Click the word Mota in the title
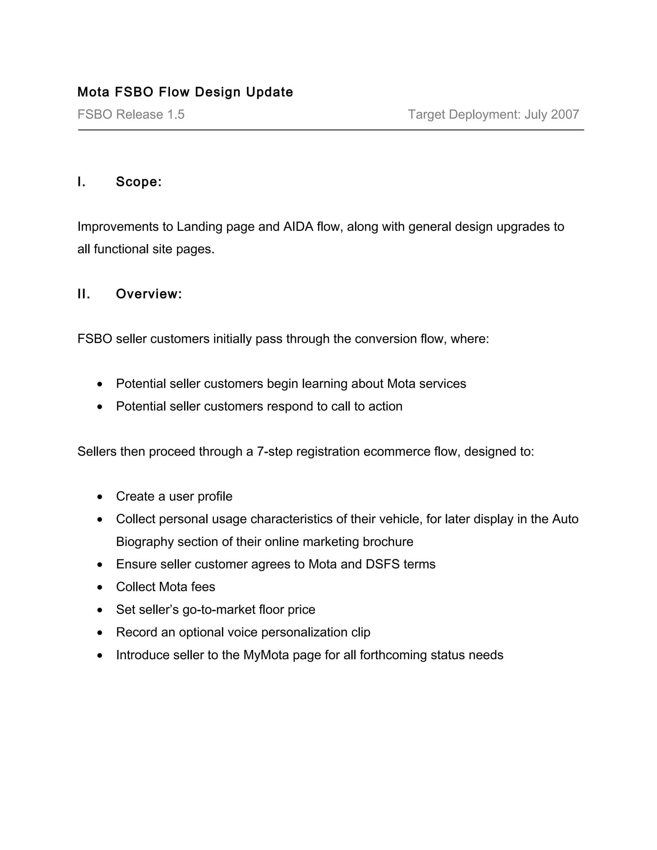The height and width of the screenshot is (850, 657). click(93, 92)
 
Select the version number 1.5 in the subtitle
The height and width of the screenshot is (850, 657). click(175, 115)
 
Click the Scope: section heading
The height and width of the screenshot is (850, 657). click(139, 182)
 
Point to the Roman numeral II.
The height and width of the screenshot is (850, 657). click(84, 294)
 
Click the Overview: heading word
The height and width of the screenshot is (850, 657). click(149, 294)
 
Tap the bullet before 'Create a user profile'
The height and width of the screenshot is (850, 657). click(100, 497)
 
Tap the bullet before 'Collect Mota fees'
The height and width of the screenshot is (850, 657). click(100, 587)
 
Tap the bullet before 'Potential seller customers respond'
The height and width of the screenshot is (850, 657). click(100, 407)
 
